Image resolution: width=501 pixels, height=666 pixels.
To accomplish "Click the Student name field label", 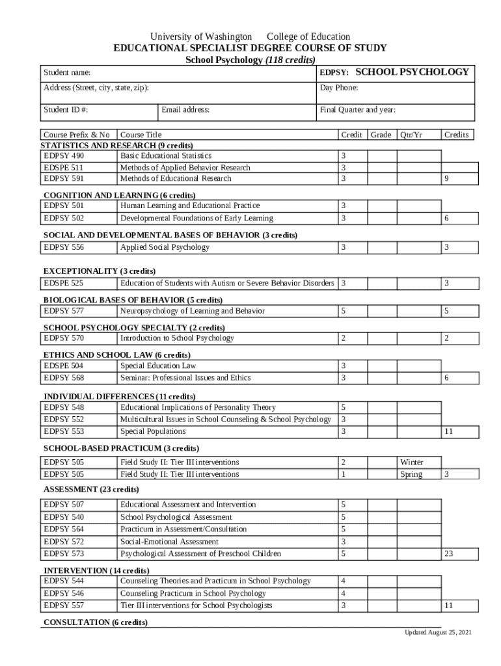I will coord(67,73).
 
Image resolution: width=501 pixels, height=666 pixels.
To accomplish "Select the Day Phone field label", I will coord(339,88).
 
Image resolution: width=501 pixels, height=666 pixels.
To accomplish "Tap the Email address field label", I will coord(185,110).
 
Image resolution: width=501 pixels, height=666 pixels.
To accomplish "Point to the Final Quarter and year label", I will coord(358,110).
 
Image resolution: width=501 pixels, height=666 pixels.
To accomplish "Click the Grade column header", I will coord(381,135).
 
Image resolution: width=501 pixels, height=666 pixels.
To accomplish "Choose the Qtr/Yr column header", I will coord(411,135).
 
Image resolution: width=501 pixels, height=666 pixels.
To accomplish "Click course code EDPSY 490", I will coord(64,156).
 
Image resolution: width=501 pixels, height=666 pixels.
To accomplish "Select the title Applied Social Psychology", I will coord(165,247).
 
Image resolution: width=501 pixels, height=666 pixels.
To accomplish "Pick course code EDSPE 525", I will coord(63,284).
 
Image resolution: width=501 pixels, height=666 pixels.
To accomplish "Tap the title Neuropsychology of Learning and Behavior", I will coord(193,311).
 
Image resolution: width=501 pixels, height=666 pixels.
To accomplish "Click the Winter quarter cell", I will coord(411,462).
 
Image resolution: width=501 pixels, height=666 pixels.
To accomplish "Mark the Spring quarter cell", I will coord(411,474).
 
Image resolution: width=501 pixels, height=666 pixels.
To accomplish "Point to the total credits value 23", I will coord(448,553).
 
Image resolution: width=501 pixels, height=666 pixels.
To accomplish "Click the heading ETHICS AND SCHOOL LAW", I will coord(116,355).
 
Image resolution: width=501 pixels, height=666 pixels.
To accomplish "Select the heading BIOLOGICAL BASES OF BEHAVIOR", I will coord(133,300).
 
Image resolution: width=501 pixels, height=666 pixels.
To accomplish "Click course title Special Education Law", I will coord(158,366).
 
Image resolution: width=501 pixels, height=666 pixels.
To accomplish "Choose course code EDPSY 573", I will coord(64,553).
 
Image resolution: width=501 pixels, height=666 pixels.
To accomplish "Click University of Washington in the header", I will coord(201,36).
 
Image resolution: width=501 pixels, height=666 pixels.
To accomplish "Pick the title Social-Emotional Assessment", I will coord(169,541).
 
